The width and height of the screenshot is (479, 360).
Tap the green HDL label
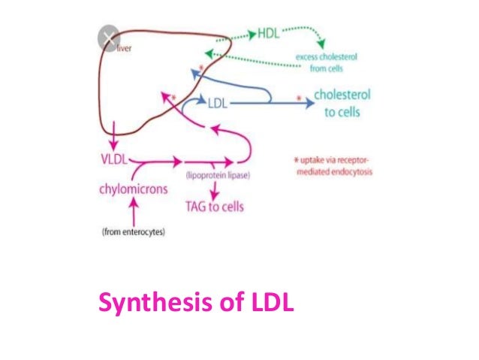269,35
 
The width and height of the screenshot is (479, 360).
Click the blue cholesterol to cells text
342,104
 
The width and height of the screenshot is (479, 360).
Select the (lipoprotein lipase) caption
218,174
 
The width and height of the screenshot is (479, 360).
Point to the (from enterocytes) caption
133,231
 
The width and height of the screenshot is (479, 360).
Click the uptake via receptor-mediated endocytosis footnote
333,165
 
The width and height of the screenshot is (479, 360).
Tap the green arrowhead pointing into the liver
210,55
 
